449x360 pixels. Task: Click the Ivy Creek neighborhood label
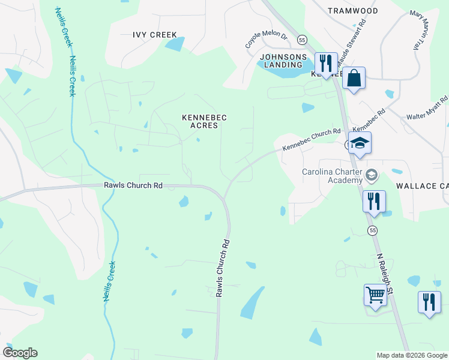pos(155,35)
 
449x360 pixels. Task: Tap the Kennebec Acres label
pos(204,122)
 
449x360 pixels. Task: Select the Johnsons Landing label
pos(280,61)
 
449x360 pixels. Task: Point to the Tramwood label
pos(353,11)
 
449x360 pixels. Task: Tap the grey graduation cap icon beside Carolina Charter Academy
pos(372,175)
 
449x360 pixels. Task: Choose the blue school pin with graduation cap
pos(360,144)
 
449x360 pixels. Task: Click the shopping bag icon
pos(354,78)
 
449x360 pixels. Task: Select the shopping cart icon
pos(375,295)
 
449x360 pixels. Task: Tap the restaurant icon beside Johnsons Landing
pos(326,63)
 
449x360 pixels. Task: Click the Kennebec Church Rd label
pos(311,139)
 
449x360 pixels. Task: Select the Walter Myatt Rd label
pos(427,108)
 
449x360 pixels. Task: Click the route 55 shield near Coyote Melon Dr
pos(301,40)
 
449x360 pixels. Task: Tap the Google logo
pos(20,352)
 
